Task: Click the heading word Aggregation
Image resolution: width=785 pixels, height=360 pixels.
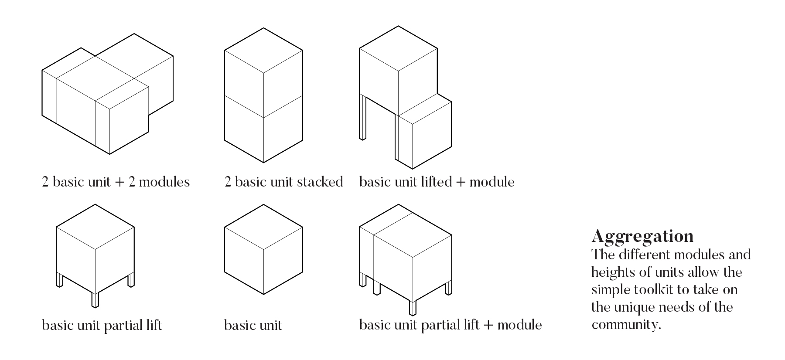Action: (x=642, y=236)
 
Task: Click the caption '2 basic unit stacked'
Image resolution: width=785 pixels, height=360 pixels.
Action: (x=283, y=182)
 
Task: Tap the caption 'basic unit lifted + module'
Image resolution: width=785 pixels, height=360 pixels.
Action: (x=437, y=182)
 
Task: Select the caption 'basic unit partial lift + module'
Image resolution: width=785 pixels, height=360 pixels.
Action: (x=451, y=325)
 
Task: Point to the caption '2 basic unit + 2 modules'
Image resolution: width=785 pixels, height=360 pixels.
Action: (x=116, y=182)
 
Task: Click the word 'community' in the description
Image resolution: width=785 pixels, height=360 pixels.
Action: (x=624, y=325)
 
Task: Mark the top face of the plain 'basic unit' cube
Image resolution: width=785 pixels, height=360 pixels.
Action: (x=263, y=227)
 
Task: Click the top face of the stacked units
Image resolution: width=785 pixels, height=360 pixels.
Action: (x=263, y=50)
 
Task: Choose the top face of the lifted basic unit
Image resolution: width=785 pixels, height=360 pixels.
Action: (x=398, y=48)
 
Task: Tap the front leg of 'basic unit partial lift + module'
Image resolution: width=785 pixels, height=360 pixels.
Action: (x=413, y=307)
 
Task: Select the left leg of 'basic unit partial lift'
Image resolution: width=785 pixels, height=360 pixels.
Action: (x=60, y=279)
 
